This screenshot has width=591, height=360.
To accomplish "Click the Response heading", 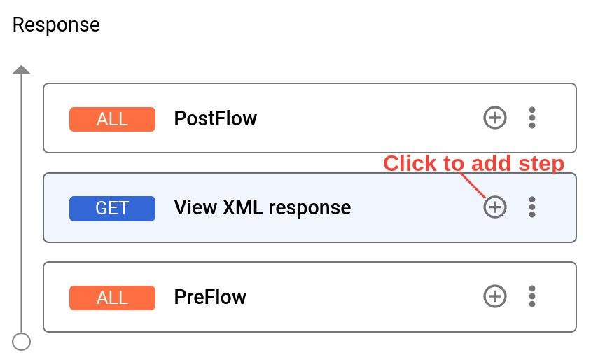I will pos(56,25).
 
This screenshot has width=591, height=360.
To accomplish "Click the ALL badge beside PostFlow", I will pos(112,119).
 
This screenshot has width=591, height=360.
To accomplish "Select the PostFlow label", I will pos(215,118).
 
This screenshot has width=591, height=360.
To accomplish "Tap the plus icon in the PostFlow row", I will pos(495,118).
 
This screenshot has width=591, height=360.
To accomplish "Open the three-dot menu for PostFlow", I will pos(532,118).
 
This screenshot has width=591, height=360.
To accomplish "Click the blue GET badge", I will pos(112,208).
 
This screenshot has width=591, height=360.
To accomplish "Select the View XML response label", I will pos(262,207).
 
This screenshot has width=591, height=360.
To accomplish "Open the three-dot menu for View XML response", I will pos(532,207).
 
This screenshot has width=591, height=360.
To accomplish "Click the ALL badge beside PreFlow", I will pos(112,298).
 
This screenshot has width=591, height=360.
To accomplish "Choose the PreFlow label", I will pos(210,297).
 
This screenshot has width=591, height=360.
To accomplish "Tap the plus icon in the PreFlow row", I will pos(495,296).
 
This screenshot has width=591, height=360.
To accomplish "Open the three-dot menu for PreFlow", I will pos(532,296).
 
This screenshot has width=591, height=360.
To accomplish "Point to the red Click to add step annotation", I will pos(473,163).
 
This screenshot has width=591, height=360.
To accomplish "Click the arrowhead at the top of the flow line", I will pos(22,70).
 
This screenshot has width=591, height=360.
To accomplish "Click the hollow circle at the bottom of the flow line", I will pos(22,342).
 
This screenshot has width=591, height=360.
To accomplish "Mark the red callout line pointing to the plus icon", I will pos(474,186).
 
